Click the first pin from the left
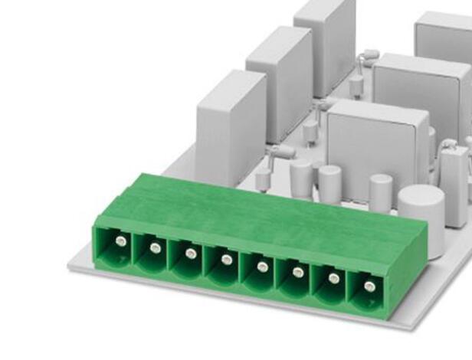click(120, 241)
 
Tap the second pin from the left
click(156, 247)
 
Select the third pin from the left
click(191, 254)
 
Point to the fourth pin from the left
click(227, 260)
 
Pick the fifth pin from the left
click(262, 266)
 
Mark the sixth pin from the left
click(298, 272)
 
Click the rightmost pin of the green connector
click(369, 286)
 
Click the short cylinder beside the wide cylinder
click(381, 192)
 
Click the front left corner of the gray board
click(71, 266)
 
